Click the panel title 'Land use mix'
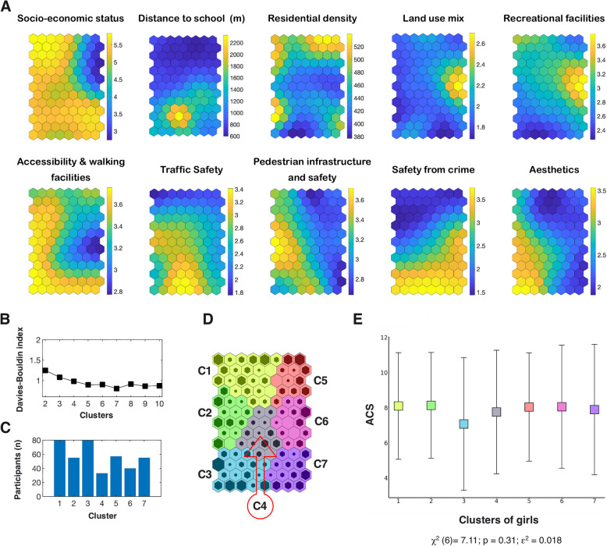(x=433, y=18)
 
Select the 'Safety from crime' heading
(x=433, y=169)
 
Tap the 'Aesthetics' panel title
(x=554, y=169)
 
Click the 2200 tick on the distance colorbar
(x=236, y=43)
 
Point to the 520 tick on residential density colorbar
(x=359, y=47)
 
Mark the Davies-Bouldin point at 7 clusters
(x=116, y=388)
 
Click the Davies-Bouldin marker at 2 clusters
(x=45, y=370)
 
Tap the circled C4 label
(x=260, y=505)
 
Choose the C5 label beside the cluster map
(x=321, y=381)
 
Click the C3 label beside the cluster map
(x=204, y=474)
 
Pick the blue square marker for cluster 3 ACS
(x=463, y=424)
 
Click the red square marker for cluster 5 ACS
(x=529, y=406)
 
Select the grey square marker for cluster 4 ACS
(x=496, y=412)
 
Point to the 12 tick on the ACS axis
(x=384, y=338)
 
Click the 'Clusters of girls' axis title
(x=499, y=519)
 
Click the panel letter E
(x=357, y=319)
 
